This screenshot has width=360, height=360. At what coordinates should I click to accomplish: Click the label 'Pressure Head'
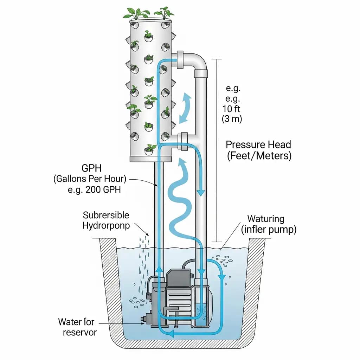(258, 144)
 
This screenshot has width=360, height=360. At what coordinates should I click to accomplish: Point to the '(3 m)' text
(232, 119)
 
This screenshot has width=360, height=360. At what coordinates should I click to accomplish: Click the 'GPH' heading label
(93, 168)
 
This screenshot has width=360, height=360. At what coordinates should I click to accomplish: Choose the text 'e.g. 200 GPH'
(94, 190)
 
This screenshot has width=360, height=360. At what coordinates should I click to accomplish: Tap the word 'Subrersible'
(106, 215)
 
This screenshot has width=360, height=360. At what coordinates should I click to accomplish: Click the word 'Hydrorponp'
(106, 225)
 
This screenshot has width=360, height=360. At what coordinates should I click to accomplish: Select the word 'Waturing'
(266, 219)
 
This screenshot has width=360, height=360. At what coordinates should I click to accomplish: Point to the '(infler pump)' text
(269, 230)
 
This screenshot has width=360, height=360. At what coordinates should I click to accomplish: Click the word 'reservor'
(79, 332)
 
